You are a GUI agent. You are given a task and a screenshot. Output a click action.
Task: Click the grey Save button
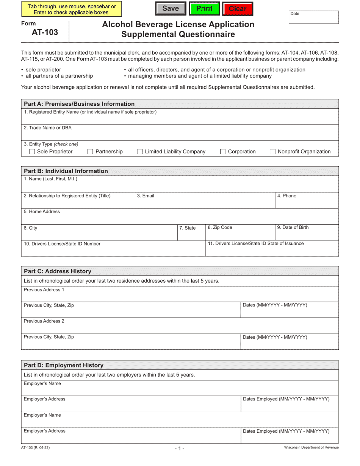pyautogui.click(x=171, y=9)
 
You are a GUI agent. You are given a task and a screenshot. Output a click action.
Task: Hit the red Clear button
pyautogui.click(x=238, y=9)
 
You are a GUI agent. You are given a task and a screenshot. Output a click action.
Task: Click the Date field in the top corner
pyautogui.click(x=314, y=17)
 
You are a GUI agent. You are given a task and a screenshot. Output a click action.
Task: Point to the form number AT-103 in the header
pyautogui.click(x=45, y=32)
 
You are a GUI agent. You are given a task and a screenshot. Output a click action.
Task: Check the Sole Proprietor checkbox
pyautogui.click(x=32, y=152)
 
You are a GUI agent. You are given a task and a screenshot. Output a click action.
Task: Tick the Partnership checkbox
pyautogui.click(x=90, y=152)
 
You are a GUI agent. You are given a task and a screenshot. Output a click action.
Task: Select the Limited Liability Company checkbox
pyautogui.click(x=140, y=152)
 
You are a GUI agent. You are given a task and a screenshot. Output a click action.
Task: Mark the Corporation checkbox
pyautogui.click(x=223, y=152)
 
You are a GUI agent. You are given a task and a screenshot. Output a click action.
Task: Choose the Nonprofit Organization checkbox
pyautogui.click(x=272, y=152)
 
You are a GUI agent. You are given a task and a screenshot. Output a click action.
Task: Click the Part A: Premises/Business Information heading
pyautogui.click(x=79, y=104)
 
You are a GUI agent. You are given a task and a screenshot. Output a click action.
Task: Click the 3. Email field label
pyautogui.click(x=146, y=196)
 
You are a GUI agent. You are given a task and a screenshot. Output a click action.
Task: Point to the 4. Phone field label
pyautogui.click(x=286, y=196)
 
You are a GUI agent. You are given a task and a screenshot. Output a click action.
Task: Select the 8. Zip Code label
pyautogui.click(x=220, y=227)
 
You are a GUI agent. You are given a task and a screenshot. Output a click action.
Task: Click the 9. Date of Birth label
pyautogui.click(x=293, y=227)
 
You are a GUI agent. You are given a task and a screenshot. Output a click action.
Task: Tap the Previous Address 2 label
pyautogui.click(x=44, y=321)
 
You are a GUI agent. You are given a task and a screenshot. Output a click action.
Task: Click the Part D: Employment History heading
pyautogui.click(x=64, y=365)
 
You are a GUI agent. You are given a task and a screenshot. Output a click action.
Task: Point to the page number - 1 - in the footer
pyautogui.click(x=180, y=449)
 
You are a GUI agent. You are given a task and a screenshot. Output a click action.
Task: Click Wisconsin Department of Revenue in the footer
pyautogui.click(x=311, y=447)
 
